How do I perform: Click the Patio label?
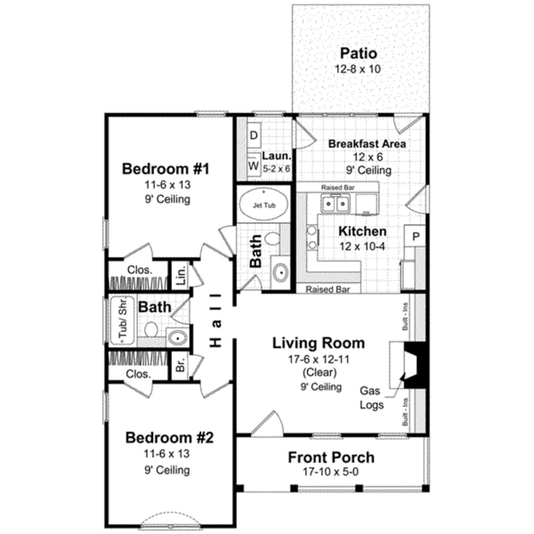358,53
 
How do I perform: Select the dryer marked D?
254,135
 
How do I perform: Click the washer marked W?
254,164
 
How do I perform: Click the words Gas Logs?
372,396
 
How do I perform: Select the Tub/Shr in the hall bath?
123,320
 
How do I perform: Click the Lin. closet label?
180,274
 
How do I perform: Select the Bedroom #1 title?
166,169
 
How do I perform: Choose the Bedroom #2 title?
169,438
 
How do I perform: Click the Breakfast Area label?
367,144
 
